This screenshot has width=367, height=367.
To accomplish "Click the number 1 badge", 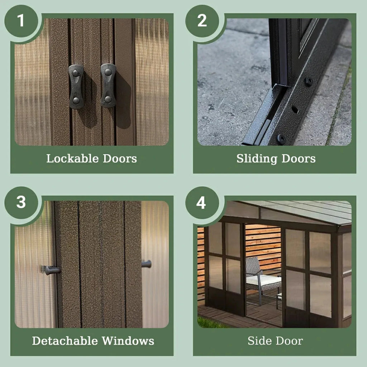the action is point(21,21).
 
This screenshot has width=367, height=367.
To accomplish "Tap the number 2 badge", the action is point(202,21).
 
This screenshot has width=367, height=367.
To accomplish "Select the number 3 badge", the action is point(21,203).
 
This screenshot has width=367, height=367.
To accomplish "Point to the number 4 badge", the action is point(202,203).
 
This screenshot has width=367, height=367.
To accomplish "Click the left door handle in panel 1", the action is point(76,87).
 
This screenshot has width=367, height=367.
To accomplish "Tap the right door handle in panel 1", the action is point(108,86).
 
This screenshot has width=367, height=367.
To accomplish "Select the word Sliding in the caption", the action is point(257,159).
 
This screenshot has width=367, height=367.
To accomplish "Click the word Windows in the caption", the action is point(128,341).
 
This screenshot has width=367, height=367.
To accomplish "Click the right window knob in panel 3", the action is point(147,264).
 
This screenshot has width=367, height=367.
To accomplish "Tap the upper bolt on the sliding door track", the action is point(309,81).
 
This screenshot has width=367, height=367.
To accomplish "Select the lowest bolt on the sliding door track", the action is point(281,139).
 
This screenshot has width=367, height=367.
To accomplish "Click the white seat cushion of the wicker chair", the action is point(263,280).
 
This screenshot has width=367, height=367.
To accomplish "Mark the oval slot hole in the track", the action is point(295,110).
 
